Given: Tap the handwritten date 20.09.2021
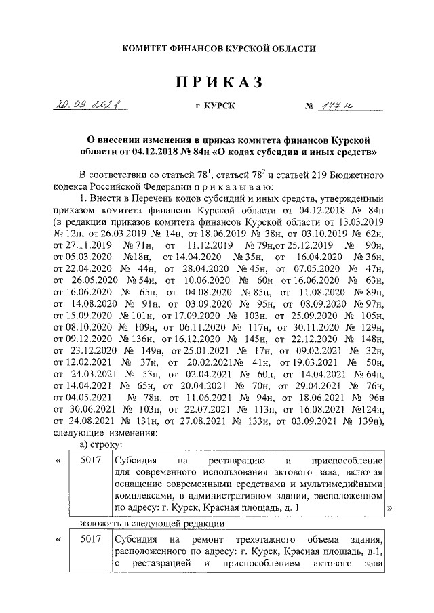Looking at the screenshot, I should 85,106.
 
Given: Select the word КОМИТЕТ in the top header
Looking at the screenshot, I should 146,49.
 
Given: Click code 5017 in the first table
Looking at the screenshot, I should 91,460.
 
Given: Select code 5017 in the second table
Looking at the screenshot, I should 91,539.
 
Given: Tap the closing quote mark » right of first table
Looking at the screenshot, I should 390,507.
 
